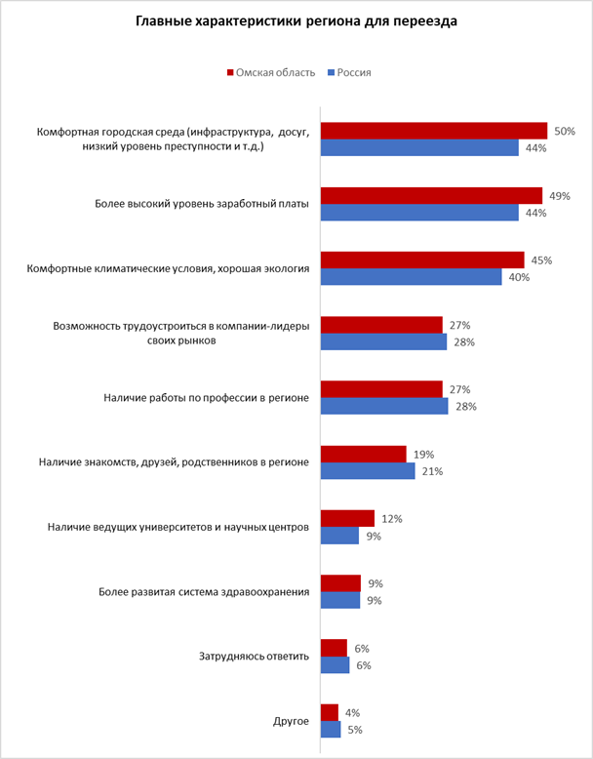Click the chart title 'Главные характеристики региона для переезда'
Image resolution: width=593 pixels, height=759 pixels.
pyautogui.click(x=296, y=20)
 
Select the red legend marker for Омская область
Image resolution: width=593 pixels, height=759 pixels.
pyautogui.click(x=230, y=72)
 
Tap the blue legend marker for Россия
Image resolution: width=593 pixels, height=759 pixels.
pyautogui.click(x=331, y=72)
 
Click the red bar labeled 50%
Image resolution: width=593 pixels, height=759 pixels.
pyautogui.click(x=434, y=131)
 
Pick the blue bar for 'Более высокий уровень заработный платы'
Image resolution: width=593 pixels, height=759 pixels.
pyautogui.click(x=419, y=213)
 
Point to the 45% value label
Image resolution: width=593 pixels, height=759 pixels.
pyautogui.click(x=542, y=260)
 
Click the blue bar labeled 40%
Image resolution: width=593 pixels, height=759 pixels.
pyautogui.click(x=412, y=277)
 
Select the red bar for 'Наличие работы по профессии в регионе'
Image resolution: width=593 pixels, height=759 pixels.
pyautogui.click(x=381, y=389)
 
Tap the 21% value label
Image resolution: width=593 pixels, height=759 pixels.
pyautogui.click(x=431, y=471)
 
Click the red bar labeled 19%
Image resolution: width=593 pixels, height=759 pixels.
pyautogui.click(x=363, y=454)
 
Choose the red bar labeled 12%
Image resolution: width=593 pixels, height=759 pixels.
pyautogui.click(x=347, y=518)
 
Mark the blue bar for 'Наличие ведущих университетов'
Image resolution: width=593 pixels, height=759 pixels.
pyautogui.click(x=340, y=536)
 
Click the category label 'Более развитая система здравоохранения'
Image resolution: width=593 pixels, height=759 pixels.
pyautogui.click(x=205, y=591)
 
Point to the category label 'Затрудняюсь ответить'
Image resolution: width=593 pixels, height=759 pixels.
pyautogui.click(x=254, y=656)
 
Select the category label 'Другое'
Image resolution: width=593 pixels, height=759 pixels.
pyautogui.click(x=292, y=721)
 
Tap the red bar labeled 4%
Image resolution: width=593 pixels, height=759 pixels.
pyautogui.click(x=330, y=712)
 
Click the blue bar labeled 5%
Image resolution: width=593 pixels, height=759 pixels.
pyautogui.click(x=331, y=730)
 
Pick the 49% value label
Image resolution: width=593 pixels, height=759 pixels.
pyautogui.click(x=560, y=196)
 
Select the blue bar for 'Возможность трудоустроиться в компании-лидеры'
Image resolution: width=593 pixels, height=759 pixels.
pyautogui.click(x=383, y=341)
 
